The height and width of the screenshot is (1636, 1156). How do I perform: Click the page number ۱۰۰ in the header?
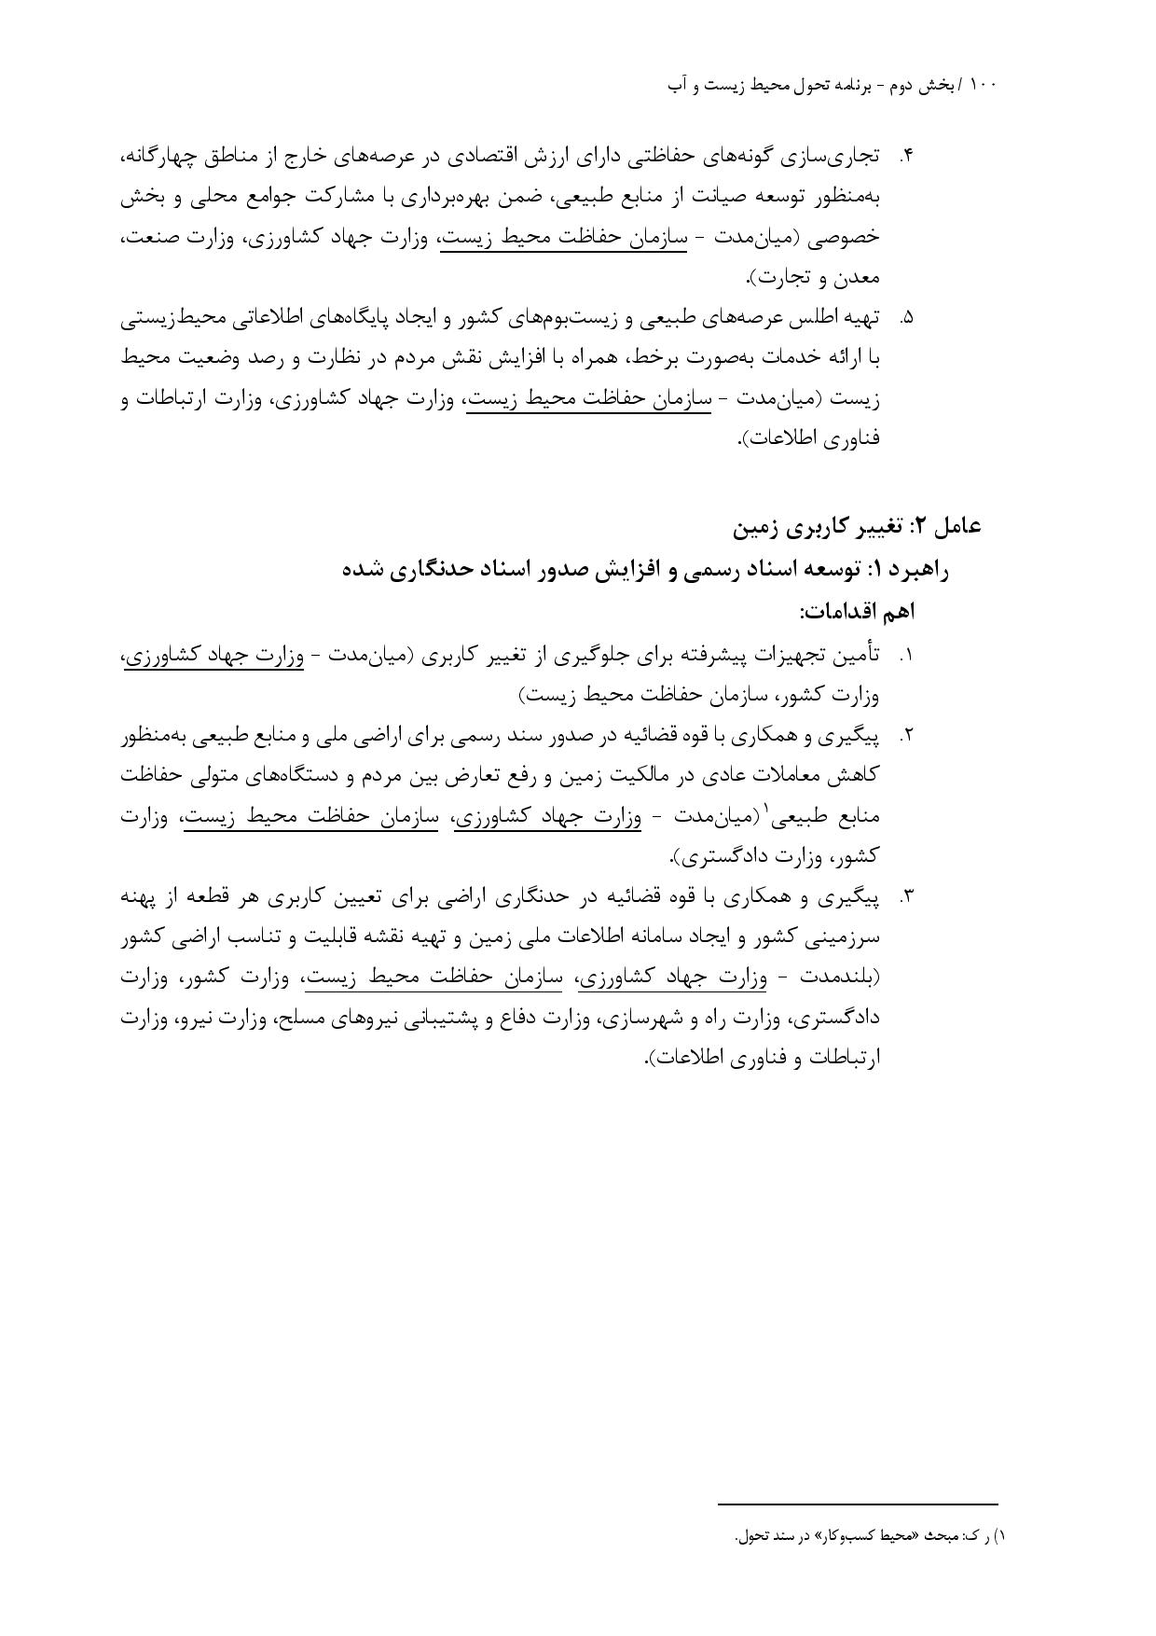point(983,85)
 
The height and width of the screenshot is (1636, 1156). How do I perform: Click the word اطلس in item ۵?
point(798,318)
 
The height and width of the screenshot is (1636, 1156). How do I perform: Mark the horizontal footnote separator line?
point(857,1504)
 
